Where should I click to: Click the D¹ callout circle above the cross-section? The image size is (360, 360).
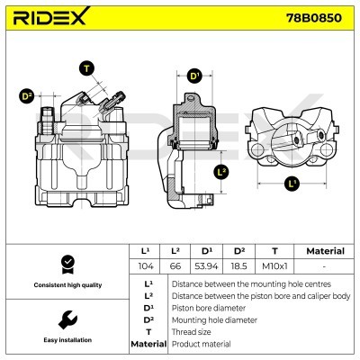194,76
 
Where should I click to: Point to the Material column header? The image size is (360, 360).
325,251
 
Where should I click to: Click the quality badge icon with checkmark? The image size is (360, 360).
65,264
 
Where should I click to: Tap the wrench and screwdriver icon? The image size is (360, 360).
65,319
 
